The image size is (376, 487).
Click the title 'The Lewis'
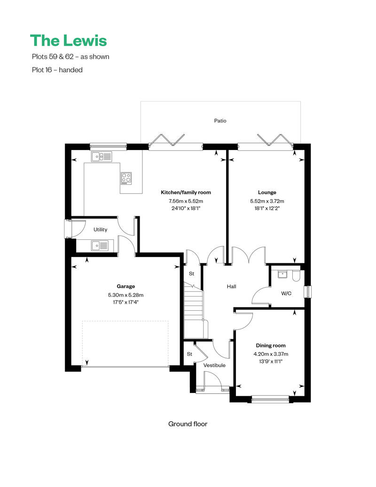tap(69, 40)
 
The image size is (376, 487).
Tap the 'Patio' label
tap(220, 121)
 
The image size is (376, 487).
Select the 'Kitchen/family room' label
tap(186, 192)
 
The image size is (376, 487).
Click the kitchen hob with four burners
tap(126, 177)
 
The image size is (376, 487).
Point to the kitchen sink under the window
tap(101, 157)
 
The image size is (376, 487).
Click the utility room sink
tap(99, 245)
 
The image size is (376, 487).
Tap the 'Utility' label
tap(100, 230)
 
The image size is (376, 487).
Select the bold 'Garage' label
tap(125, 286)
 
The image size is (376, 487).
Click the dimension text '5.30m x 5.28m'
tap(125, 295)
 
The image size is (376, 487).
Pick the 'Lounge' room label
tap(267, 192)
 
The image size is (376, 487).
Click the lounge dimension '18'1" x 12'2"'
tap(267, 208)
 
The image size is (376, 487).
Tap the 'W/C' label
tap(286, 294)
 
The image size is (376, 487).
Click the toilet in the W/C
tap(296, 276)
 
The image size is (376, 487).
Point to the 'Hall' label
tap(231, 286)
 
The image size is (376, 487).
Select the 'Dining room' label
tap(270, 346)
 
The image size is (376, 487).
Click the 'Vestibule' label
tap(214, 365)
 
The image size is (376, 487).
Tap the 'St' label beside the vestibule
tap(190, 354)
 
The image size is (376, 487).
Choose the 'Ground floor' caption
tap(188, 424)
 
